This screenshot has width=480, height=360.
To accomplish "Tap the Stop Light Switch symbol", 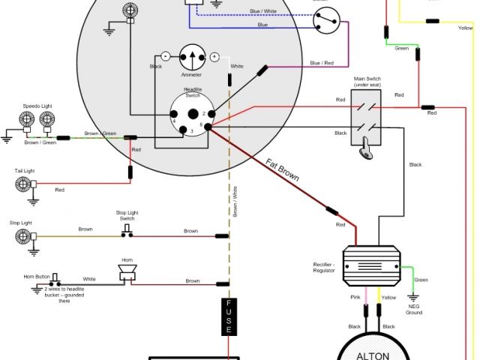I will click(x=127, y=232).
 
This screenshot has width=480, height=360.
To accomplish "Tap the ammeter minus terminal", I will click(x=165, y=56).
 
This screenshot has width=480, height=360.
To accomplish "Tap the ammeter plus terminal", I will click(x=214, y=56).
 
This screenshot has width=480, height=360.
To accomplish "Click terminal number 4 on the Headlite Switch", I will click(x=173, y=119).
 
